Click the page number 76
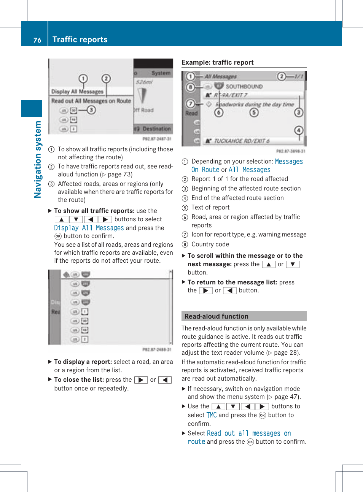(37, 40)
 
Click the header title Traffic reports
(80, 40)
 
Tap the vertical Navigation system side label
(38, 159)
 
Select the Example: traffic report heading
(217, 62)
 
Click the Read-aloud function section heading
(216, 316)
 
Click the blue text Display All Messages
(89, 228)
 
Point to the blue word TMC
(212, 415)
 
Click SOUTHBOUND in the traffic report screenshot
(244, 86)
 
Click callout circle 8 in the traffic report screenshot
(190, 87)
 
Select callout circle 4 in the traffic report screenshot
(299, 130)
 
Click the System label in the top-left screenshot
(161, 73)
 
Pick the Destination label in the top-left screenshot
(156, 129)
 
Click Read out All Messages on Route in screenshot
(91, 101)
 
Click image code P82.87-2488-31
(157, 349)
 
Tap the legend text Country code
(210, 244)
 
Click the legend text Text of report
(210, 207)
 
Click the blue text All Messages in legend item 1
(249, 170)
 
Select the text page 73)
(120, 174)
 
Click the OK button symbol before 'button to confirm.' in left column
(58, 236)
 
